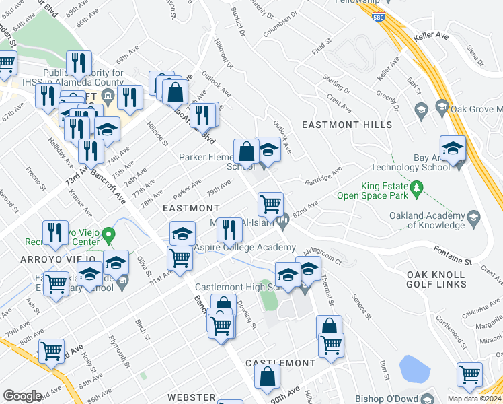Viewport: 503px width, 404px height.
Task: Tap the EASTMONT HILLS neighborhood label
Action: [x=346, y=125]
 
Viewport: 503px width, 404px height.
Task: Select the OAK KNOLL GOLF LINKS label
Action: [x=436, y=279]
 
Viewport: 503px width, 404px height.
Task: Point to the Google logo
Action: [x=22, y=395]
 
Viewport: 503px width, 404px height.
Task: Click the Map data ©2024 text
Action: [x=474, y=399]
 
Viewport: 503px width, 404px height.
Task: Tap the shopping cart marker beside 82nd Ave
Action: [x=270, y=203]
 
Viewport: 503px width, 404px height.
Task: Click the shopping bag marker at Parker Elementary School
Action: [x=247, y=151]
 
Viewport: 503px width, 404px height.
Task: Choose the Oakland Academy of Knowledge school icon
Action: [x=473, y=217]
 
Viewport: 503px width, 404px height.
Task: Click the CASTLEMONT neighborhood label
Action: [x=280, y=363]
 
